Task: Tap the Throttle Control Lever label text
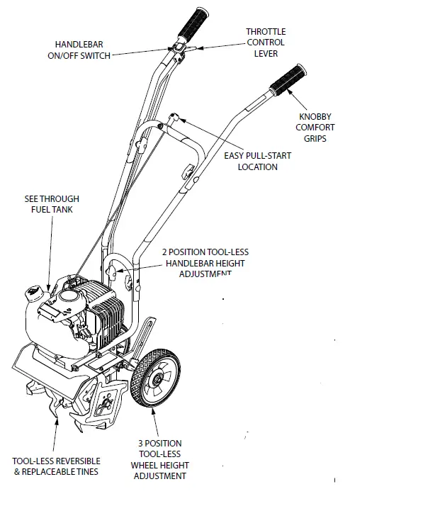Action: (x=266, y=43)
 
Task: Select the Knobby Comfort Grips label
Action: (x=316, y=127)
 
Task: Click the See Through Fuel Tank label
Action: (x=51, y=205)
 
